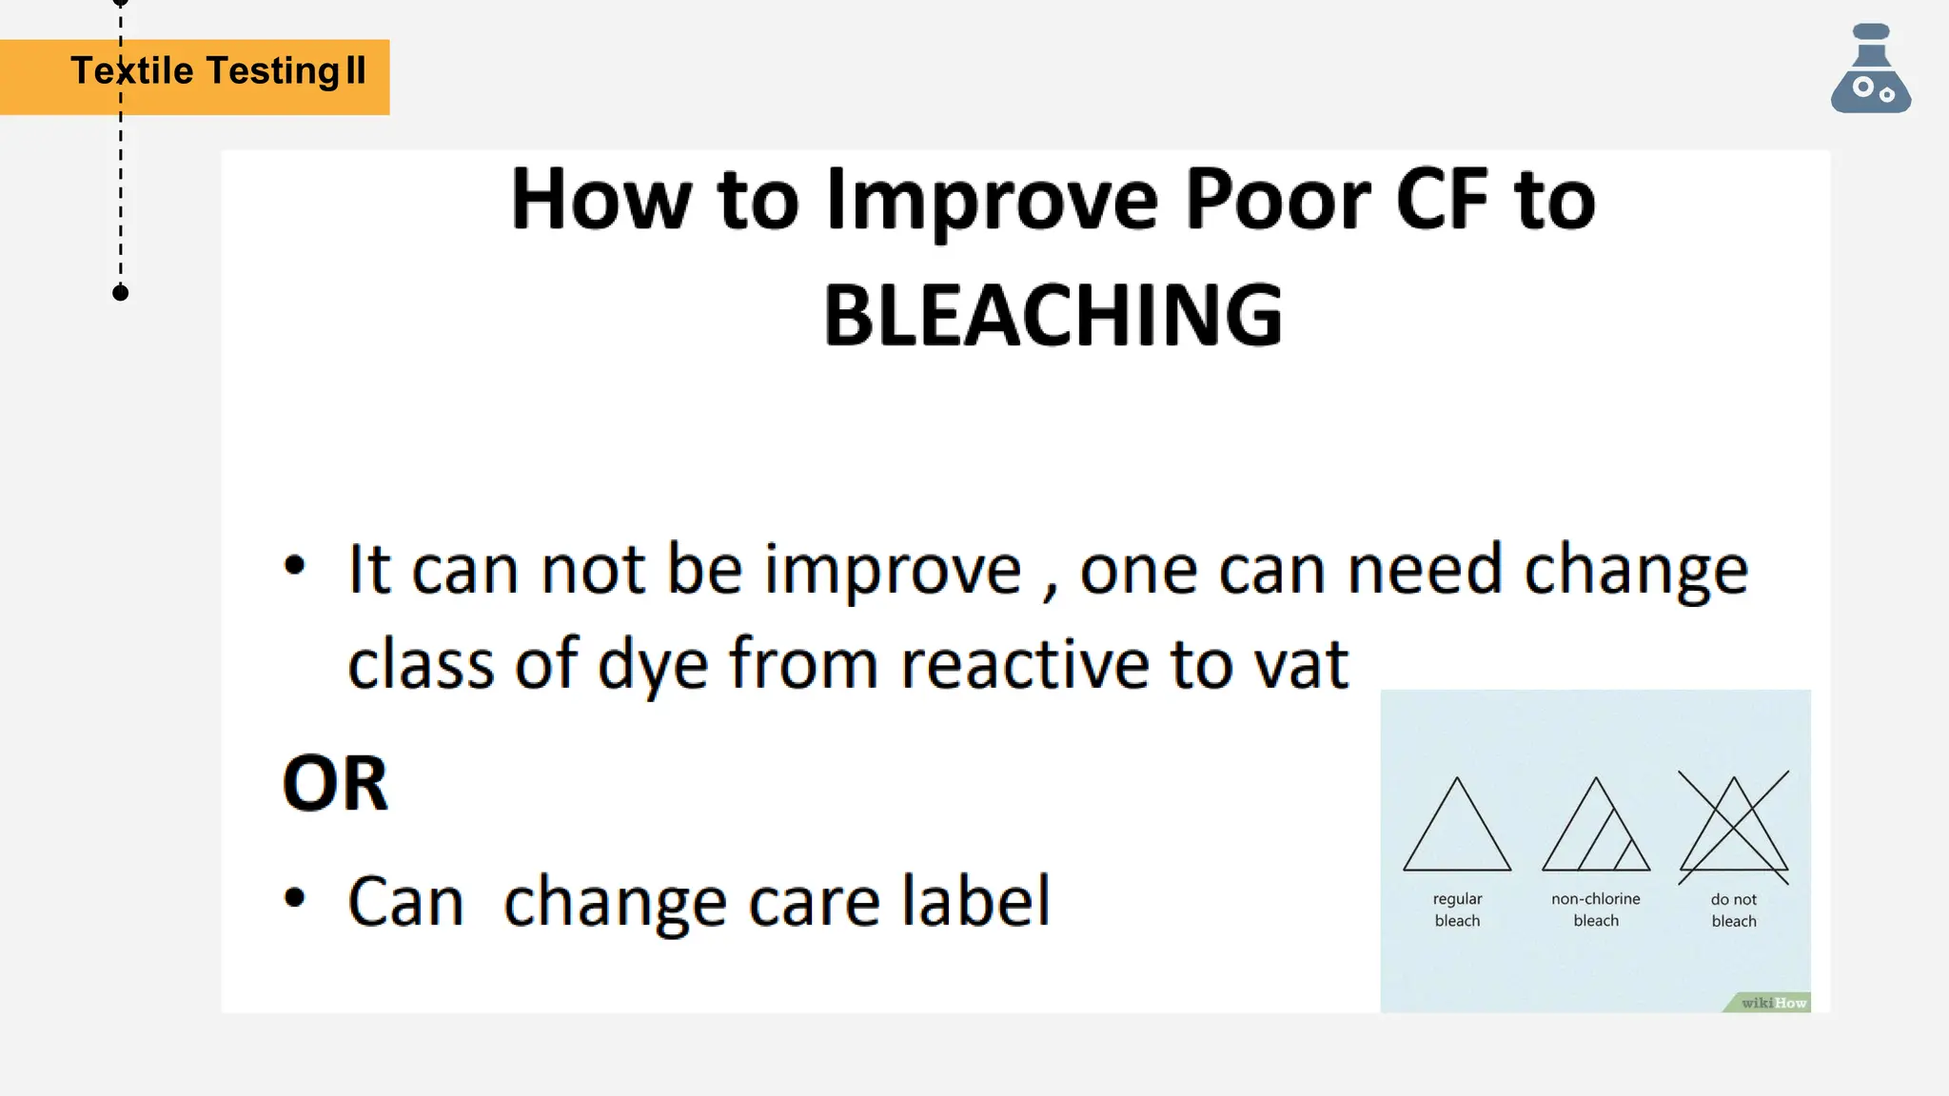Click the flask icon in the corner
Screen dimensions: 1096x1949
(x=1870, y=70)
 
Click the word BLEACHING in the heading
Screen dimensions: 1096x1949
(x=1053, y=316)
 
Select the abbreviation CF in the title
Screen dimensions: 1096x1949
(x=1441, y=200)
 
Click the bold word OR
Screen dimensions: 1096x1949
(x=335, y=784)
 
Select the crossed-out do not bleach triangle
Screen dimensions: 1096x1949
(x=1734, y=828)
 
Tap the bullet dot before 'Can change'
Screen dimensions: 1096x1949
(x=295, y=897)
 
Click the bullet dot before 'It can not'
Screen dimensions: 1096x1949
(x=295, y=565)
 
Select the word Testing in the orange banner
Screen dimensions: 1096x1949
(x=272, y=71)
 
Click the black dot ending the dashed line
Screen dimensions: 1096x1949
(x=120, y=293)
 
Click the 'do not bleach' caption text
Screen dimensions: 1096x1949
(x=1734, y=910)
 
